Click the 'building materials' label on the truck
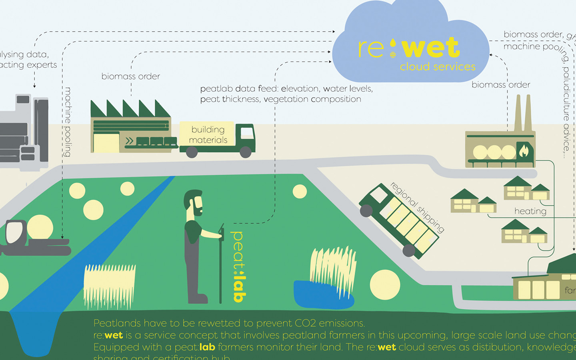pos(208,135)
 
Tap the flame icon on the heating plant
pos(524,151)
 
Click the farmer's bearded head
pos(194,202)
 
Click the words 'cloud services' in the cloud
pos(438,66)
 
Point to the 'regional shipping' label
pos(417,207)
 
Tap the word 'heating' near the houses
pos(530,211)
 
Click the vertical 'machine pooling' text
pos(68,122)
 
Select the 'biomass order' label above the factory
pos(130,76)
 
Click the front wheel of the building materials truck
pos(245,152)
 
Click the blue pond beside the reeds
pos(316,296)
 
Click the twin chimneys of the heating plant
pos(523,112)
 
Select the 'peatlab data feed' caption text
pos(286,94)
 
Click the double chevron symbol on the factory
pos(129,141)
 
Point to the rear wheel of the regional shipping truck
pos(408,250)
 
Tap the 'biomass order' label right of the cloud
pos(501,85)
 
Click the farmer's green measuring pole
pos(220,264)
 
